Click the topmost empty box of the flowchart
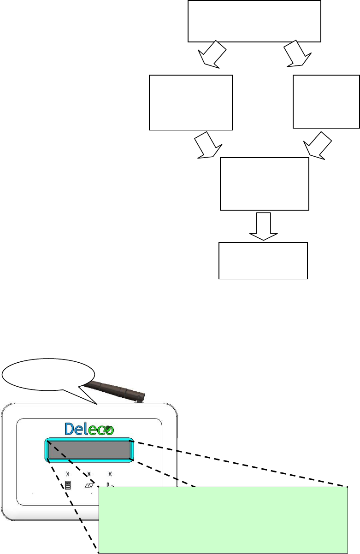254,21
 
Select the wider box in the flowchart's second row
191,102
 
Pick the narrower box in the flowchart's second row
326,101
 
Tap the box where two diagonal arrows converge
265,184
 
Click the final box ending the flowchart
263,260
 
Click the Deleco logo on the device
89,429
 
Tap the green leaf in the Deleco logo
107,428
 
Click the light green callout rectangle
223,519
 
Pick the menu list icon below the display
68,485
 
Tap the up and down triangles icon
89,485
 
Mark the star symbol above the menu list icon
67,473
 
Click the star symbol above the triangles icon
89,473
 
